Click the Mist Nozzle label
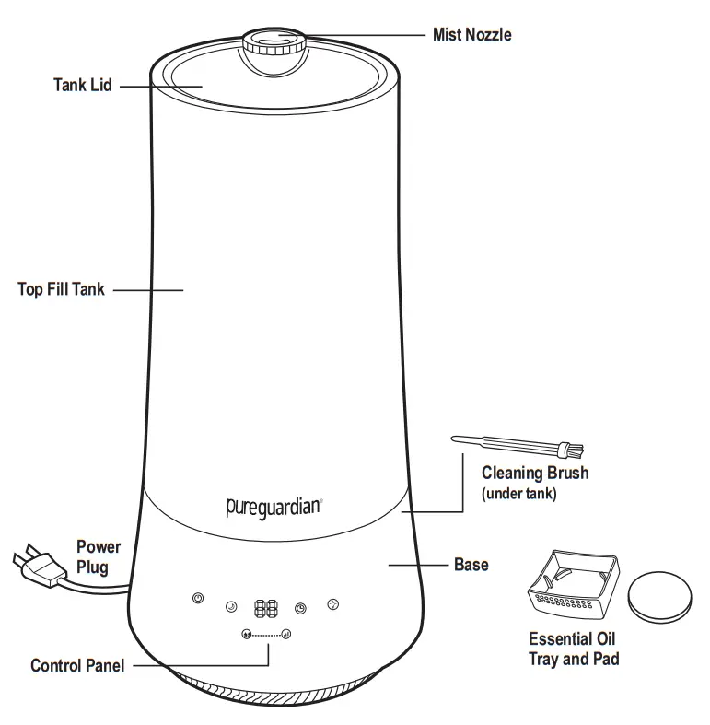coord(471,35)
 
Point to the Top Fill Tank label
coord(62,289)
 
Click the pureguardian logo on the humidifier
coord(274,506)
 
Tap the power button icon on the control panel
coord(197,599)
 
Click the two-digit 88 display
coord(267,608)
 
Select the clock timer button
coord(300,608)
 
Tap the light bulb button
coord(333,604)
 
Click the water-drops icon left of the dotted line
coord(246,635)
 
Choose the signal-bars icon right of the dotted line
coord(286,635)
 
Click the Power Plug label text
coord(99,557)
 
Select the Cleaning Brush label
coord(535,474)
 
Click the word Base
coord(471,564)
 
